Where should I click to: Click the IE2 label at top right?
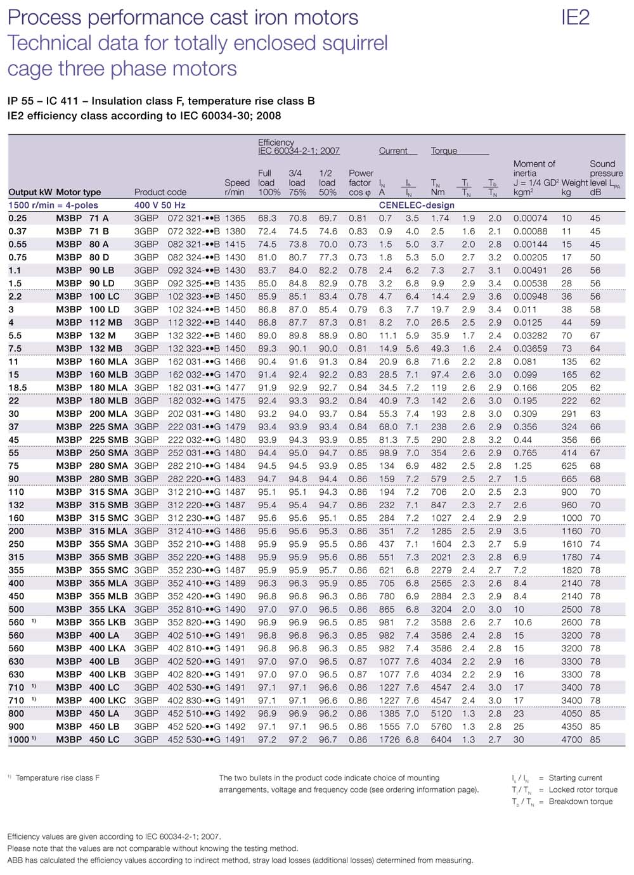click(x=575, y=17)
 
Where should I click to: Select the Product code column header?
click(x=160, y=192)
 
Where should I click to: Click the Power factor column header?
click(x=360, y=182)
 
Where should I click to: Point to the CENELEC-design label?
click(x=417, y=205)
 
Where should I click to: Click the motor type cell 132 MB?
click(x=105, y=348)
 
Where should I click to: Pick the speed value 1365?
click(x=235, y=218)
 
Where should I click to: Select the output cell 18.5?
click(x=18, y=388)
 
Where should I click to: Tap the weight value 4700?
click(x=571, y=739)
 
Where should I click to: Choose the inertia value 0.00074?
click(x=530, y=218)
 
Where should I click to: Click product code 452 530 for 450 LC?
click(x=194, y=739)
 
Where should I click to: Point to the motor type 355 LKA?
click(x=107, y=609)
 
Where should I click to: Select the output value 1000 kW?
click(x=19, y=739)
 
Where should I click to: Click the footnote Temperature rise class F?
click(x=58, y=777)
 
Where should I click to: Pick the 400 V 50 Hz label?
click(x=160, y=205)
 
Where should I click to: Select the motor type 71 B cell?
click(x=99, y=231)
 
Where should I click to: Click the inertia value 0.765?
click(x=525, y=453)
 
